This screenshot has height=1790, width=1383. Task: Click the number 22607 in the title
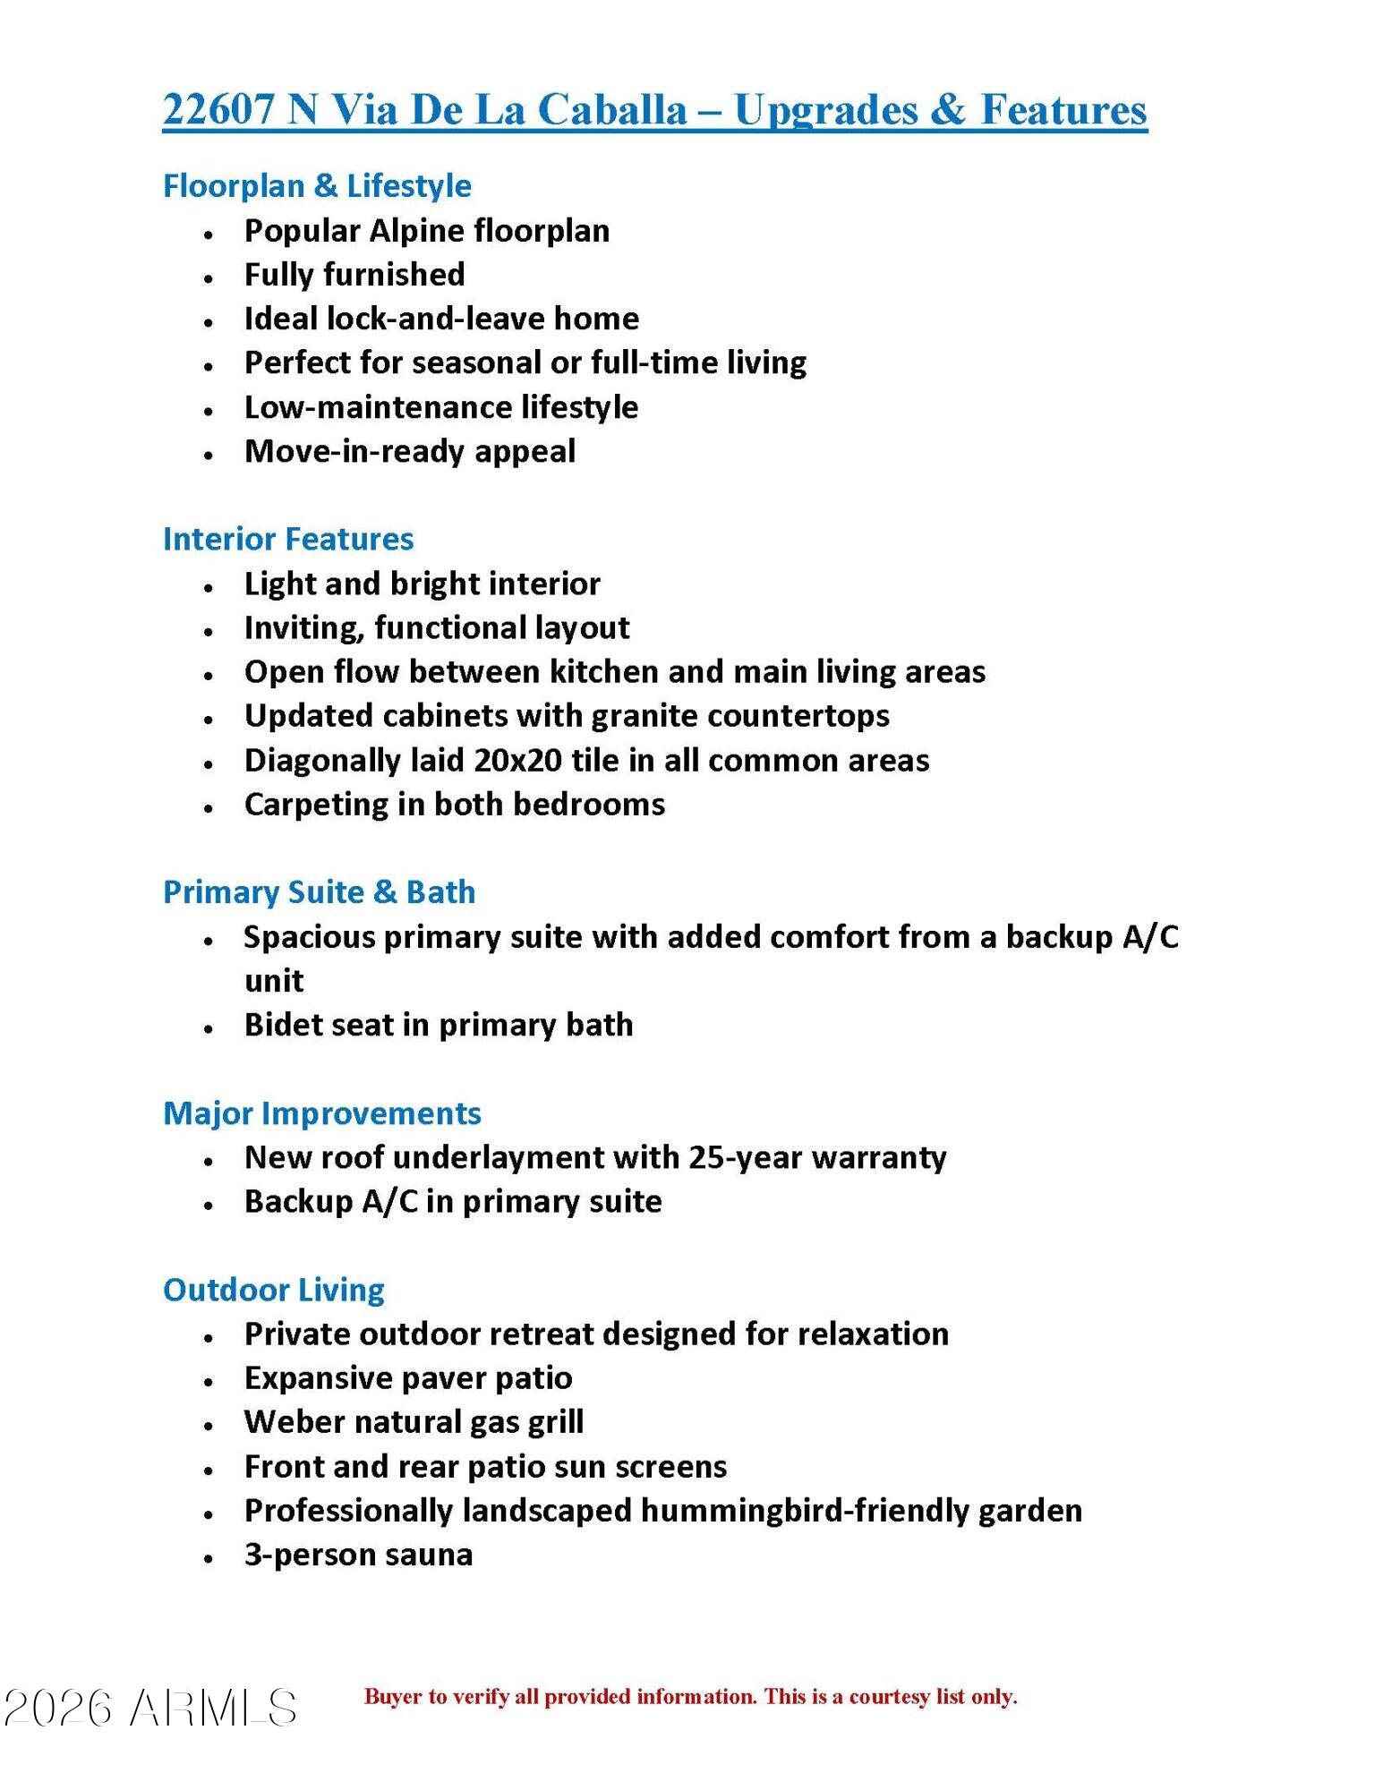pos(218,109)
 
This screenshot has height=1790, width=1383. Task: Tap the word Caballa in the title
pos(611,109)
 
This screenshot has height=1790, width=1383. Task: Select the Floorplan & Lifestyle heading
pos(317,186)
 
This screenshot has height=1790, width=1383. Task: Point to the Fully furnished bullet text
pos(354,275)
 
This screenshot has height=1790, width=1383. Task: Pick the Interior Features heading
pos(288,539)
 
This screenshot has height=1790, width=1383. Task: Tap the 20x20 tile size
pos(517,761)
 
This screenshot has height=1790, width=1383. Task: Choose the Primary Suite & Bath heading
pos(319,892)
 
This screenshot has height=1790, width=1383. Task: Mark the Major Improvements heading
pos(322,1113)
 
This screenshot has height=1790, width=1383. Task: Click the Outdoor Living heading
pos(274,1290)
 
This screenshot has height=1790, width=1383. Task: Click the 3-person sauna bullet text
pos(358,1555)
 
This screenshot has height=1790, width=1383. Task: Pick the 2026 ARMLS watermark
pos(150,1708)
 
